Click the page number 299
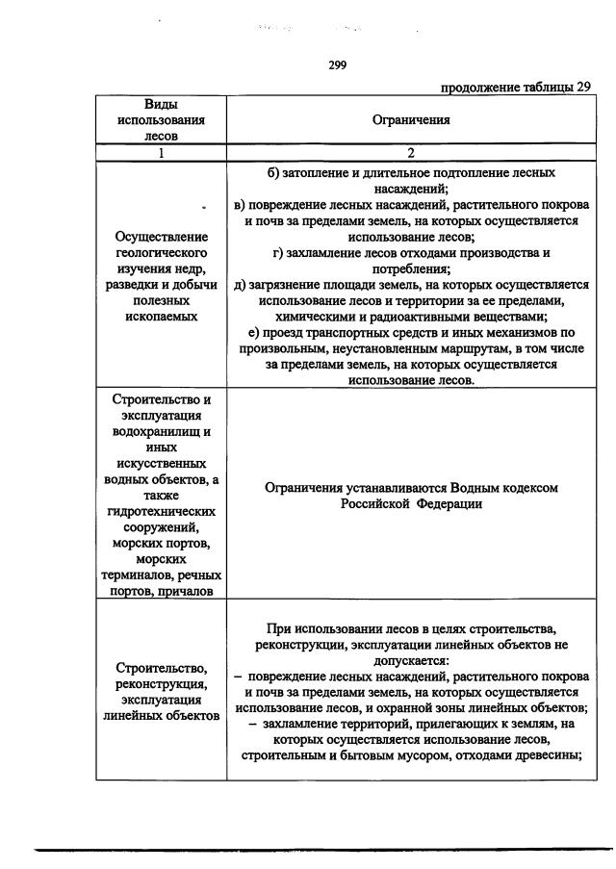click(x=336, y=65)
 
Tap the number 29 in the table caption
click(x=582, y=87)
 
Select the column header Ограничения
click(x=411, y=120)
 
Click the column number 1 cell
click(x=162, y=152)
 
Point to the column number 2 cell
click(x=411, y=152)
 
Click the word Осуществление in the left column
click(x=162, y=236)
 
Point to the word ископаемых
click(x=162, y=315)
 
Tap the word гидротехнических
click(x=162, y=511)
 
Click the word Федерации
click(x=449, y=503)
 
